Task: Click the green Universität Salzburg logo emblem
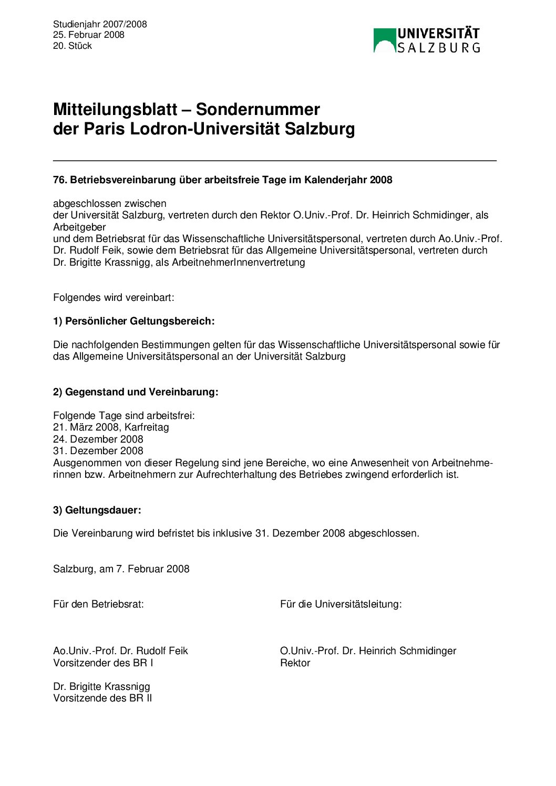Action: (x=384, y=40)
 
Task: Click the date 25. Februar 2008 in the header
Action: (x=88, y=35)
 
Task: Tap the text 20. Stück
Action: (x=72, y=46)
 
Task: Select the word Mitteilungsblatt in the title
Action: (x=115, y=109)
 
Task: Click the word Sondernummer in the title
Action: (x=258, y=109)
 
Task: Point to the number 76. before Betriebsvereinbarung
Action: (x=60, y=180)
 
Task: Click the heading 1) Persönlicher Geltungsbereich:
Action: (x=133, y=321)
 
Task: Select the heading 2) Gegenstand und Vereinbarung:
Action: (x=136, y=392)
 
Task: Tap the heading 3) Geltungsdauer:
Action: (x=97, y=510)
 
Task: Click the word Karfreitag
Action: (x=147, y=427)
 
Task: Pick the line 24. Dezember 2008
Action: (x=98, y=439)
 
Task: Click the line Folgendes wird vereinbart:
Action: (x=114, y=297)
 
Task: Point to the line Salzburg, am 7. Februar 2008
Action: (x=121, y=569)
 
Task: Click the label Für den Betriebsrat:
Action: (x=98, y=604)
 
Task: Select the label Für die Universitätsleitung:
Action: (x=341, y=604)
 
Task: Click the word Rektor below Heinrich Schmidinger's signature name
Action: (x=295, y=663)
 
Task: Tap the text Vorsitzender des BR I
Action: (x=103, y=663)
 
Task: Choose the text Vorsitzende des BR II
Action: (x=102, y=698)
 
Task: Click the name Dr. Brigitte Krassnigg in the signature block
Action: (x=101, y=686)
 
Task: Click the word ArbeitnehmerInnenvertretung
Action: (x=238, y=262)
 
